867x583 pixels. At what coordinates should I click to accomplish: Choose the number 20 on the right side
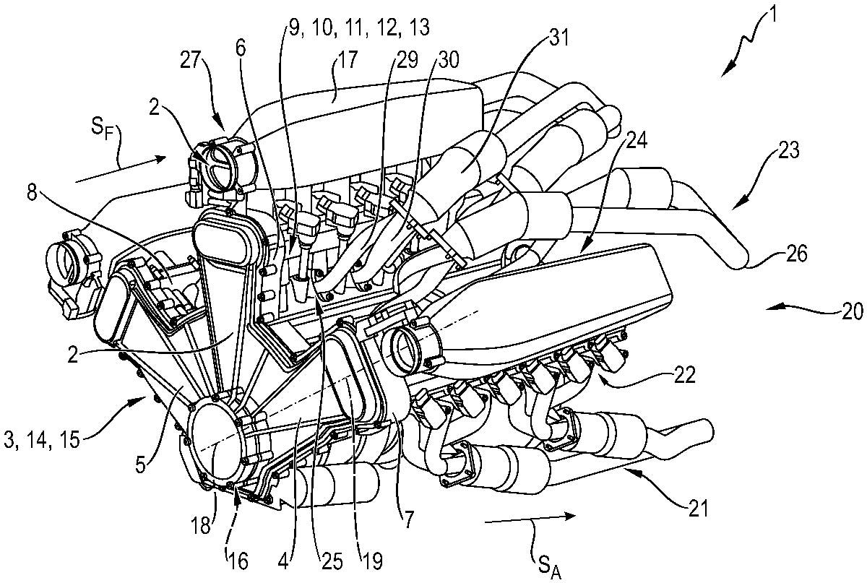tap(851, 311)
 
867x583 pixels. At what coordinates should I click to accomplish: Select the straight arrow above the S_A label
tap(531, 518)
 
